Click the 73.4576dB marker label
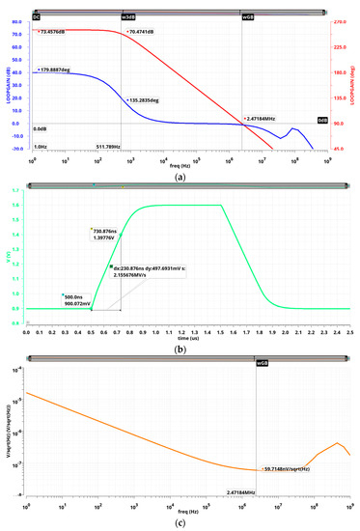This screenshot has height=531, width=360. coord(52,31)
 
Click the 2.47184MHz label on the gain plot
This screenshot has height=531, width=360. coord(265,119)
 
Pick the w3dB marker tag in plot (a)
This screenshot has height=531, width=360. coord(126,16)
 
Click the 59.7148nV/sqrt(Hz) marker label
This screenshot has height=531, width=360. coord(290,472)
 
